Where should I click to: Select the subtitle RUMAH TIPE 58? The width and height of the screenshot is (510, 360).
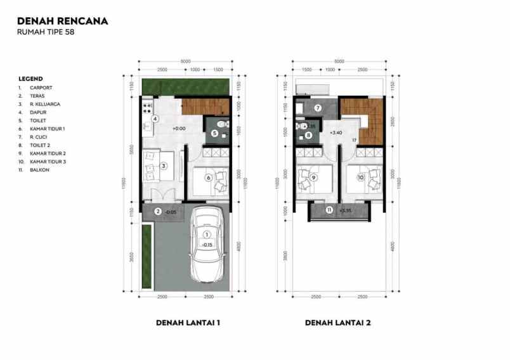pos(46,32)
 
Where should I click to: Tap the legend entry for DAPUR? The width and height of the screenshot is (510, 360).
pos(39,112)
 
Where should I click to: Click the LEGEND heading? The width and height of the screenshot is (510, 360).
pos(30,79)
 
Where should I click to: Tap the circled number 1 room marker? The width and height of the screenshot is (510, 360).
pos(206,235)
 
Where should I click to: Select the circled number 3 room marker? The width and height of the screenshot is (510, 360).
pos(163,166)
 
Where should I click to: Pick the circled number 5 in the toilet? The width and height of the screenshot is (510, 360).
pos(215,133)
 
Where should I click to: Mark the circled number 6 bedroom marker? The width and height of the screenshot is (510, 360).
pos(207,177)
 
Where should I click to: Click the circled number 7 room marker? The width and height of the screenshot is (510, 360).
pos(318,108)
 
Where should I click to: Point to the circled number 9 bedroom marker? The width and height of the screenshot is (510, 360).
pos(313,177)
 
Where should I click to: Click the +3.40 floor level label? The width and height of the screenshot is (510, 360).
pos(336,133)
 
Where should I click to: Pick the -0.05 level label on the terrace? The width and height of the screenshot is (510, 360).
pos(170,212)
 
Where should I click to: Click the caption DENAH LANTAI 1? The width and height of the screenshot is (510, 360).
pos(188,323)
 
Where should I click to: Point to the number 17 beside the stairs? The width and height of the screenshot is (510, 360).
pos(353,140)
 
